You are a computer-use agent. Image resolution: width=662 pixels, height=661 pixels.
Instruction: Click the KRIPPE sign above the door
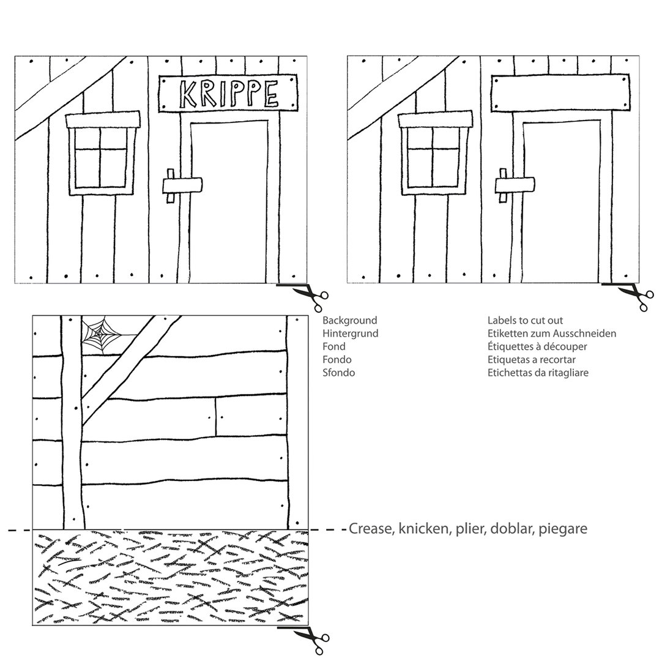pos(228,94)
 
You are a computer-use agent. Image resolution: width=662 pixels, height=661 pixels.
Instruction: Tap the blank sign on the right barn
pos(560,94)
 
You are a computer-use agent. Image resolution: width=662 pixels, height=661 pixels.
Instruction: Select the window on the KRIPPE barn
pos(103,154)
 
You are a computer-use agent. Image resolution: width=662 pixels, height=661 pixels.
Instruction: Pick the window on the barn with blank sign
pos(435,154)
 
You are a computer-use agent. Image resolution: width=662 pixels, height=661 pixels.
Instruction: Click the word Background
pos(349,321)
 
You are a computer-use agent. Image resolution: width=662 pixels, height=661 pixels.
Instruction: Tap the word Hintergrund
pos(351,334)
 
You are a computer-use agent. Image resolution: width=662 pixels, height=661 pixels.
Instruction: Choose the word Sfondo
pos(338,373)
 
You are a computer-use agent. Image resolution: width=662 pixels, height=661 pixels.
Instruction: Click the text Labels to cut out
pos(525,321)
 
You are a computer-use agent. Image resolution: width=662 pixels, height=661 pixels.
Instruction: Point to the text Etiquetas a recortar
pos(532,360)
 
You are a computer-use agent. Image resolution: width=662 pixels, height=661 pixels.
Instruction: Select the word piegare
pos(563,529)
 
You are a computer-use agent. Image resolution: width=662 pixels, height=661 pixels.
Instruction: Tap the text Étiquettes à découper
pos(537,347)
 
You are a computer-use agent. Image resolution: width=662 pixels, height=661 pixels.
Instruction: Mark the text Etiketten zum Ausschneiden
pos(552,334)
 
